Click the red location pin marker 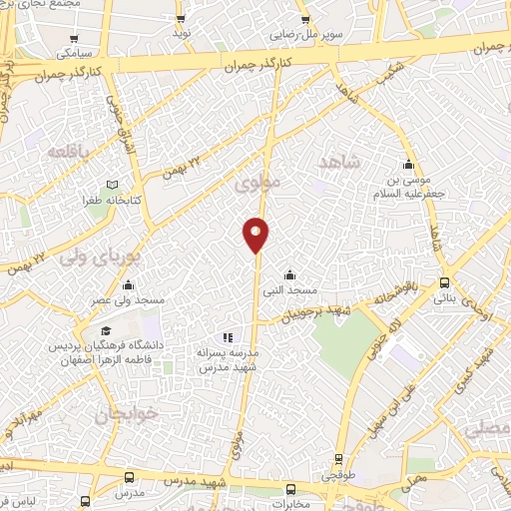point(255,235)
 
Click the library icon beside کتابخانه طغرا point(112,186)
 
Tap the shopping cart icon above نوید point(180,19)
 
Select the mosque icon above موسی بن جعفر point(407,166)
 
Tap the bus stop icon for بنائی point(445,281)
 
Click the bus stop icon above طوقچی point(339,461)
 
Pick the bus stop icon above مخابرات point(290,489)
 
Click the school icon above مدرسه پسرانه point(227,338)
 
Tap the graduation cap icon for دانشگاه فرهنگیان point(104,329)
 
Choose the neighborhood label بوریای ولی point(102,256)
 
